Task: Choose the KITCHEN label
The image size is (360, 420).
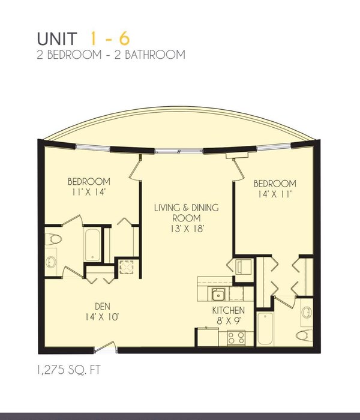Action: pyautogui.click(x=229, y=310)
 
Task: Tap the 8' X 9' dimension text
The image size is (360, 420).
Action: pyautogui.click(x=229, y=320)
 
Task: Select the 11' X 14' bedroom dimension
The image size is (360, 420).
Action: pyautogui.click(x=89, y=192)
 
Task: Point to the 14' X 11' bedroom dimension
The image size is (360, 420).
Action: pyautogui.click(x=274, y=194)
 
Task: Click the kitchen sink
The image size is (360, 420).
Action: pyautogui.click(x=218, y=293)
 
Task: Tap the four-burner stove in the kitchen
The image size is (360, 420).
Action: pyautogui.click(x=235, y=338)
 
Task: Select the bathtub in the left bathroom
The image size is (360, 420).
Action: pyautogui.click(x=93, y=245)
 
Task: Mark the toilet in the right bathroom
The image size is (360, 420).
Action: pyautogui.click(x=304, y=335)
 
